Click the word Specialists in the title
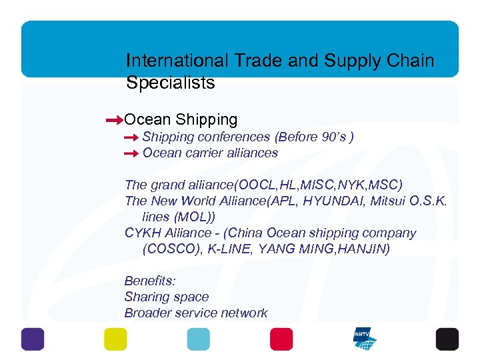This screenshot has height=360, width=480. click(170, 83)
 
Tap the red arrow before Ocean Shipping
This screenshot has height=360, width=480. click(114, 121)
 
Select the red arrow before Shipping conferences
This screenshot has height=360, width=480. click(131, 138)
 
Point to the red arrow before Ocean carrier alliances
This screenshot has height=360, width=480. click(131, 154)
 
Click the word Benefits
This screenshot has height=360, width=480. click(150, 281)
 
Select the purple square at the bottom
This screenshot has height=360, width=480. click(33, 339)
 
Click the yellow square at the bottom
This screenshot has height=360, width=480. click(115, 339)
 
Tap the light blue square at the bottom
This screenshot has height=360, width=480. click(198, 339)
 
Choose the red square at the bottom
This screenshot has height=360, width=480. click(281, 339)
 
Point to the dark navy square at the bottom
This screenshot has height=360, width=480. click(447, 339)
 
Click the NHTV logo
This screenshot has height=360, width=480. click(365, 339)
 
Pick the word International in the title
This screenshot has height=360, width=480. click(177, 61)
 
